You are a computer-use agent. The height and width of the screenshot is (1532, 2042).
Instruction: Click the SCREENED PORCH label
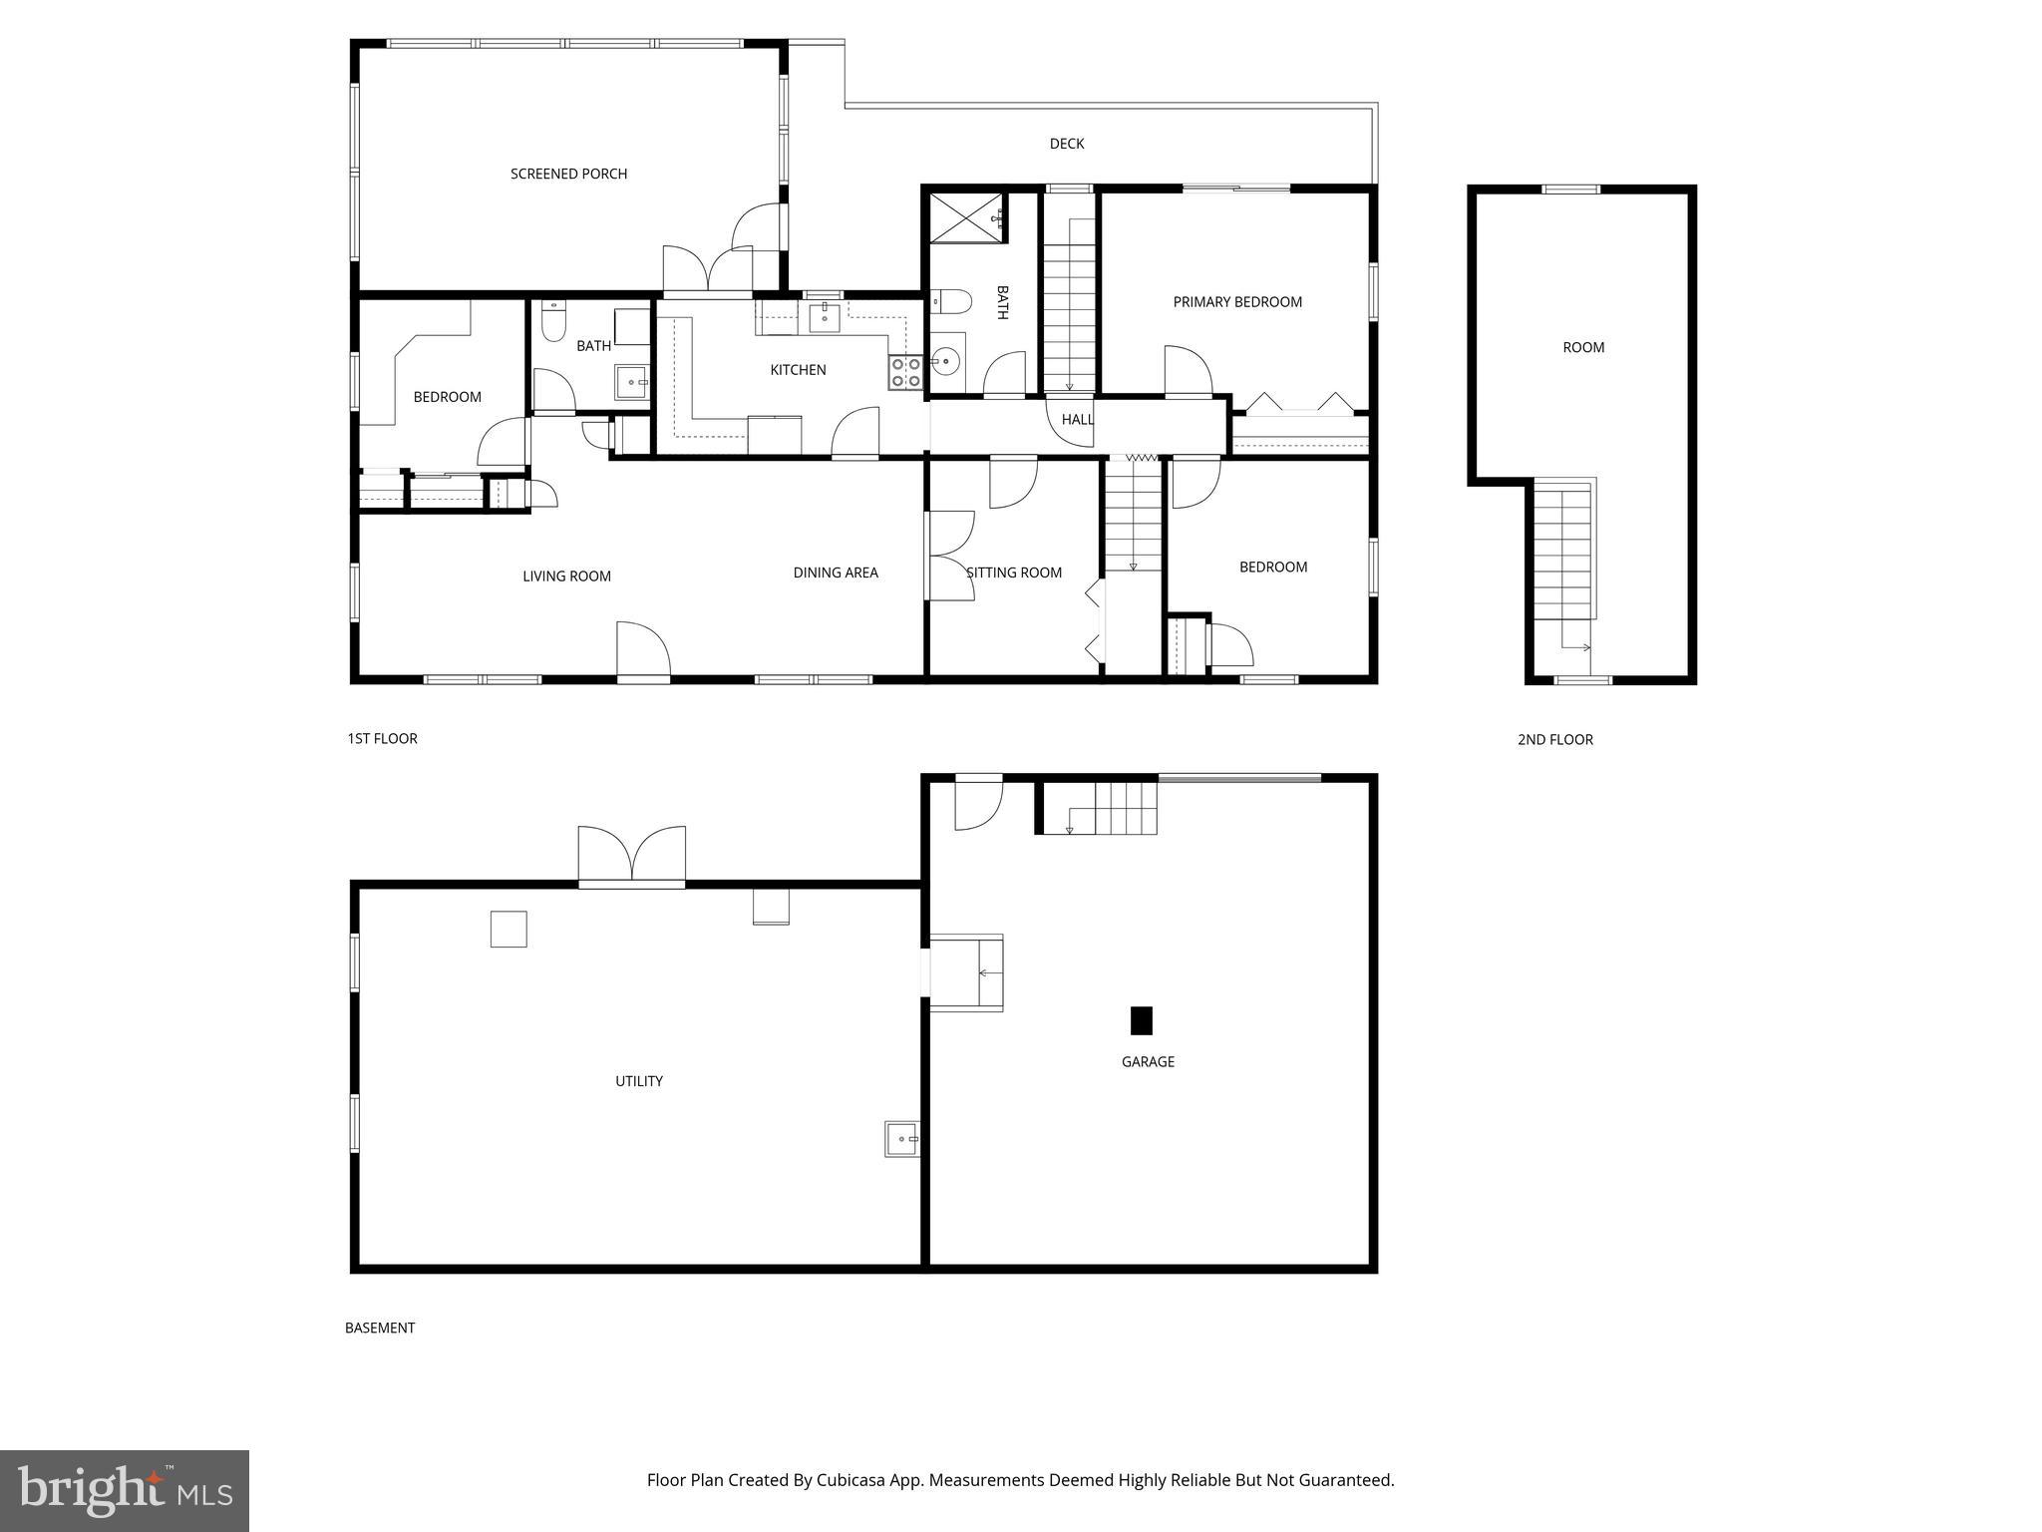tap(568, 174)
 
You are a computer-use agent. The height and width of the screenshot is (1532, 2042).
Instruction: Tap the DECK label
tap(1066, 144)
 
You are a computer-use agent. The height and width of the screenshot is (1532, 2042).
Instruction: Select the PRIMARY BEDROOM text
tap(1236, 302)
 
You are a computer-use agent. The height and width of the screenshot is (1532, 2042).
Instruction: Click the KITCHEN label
tap(798, 370)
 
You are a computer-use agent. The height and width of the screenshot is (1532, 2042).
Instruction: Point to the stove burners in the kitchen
tap(905, 372)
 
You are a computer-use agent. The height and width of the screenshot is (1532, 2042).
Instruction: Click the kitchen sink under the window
tap(824, 318)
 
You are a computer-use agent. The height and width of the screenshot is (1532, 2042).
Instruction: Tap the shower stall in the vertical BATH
tap(968, 217)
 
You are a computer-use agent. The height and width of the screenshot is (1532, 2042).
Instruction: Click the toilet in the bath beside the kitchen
tap(553, 322)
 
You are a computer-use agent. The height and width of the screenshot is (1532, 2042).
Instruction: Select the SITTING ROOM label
tap(1013, 573)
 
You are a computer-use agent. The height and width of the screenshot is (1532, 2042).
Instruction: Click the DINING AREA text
tap(836, 573)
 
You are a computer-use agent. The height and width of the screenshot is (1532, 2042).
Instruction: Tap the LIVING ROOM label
tap(566, 576)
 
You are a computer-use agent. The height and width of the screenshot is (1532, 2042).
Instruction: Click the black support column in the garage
tap(1141, 1020)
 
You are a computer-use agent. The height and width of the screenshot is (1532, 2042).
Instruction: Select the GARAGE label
tap(1148, 1062)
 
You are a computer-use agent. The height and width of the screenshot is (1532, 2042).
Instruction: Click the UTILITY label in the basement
tap(638, 1081)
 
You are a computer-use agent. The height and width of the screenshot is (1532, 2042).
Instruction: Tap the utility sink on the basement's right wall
tap(901, 1138)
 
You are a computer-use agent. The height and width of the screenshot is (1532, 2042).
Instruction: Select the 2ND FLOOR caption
tap(1554, 740)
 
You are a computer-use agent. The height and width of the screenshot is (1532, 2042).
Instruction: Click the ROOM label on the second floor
tap(1582, 348)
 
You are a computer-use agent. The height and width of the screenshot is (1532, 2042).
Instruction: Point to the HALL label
tap(1077, 420)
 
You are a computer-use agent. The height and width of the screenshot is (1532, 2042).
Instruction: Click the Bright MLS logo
tap(125, 1490)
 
